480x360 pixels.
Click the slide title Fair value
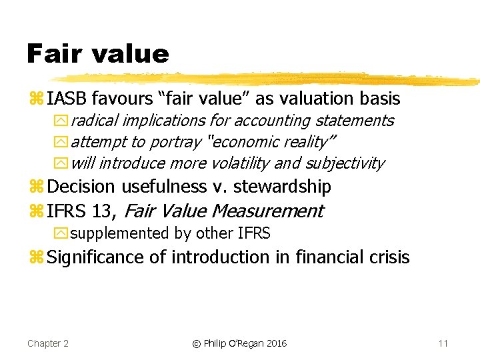click(98, 53)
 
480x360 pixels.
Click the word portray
click(176, 142)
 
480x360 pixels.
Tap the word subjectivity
click(347, 163)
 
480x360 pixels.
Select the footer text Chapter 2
click(48, 343)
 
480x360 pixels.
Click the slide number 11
click(443, 343)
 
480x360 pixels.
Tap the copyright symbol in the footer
click(196, 344)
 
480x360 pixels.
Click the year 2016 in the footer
click(275, 343)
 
